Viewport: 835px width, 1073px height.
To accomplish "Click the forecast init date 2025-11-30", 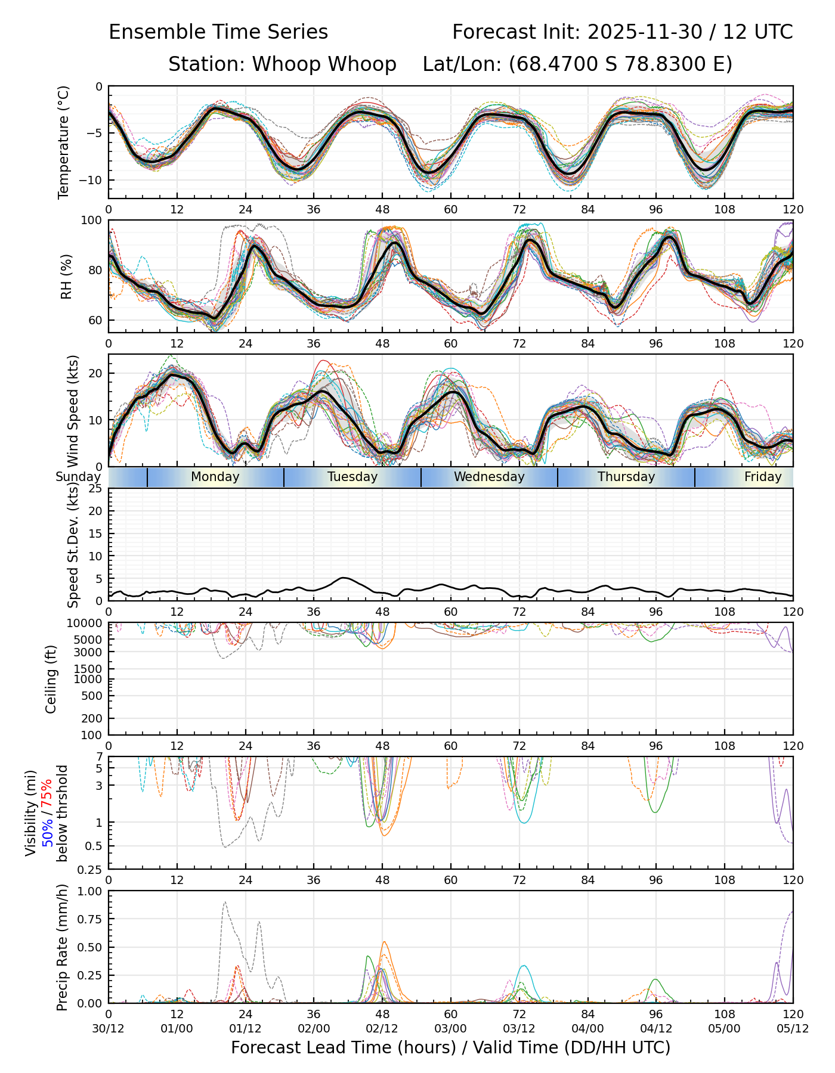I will (x=644, y=32).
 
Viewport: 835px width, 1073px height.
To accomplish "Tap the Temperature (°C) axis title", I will (x=64, y=142).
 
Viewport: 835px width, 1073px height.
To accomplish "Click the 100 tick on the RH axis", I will (x=92, y=221).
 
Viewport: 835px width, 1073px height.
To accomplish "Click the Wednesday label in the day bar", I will (x=489, y=477).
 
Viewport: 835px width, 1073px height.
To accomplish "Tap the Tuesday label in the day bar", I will (x=352, y=477).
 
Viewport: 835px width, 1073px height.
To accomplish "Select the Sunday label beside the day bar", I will (x=78, y=477).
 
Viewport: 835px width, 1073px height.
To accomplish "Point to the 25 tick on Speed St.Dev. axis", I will (x=95, y=489).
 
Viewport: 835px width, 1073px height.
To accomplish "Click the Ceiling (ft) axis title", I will (x=51, y=679).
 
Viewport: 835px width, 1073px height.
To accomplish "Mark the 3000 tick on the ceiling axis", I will (x=89, y=652).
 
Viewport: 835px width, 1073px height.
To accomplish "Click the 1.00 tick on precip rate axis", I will (x=89, y=891).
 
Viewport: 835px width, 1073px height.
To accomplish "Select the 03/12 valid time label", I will (x=519, y=1028).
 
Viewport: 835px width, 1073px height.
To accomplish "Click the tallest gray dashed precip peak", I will (x=224, y=903).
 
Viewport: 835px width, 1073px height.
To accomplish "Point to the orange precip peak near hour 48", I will (x=384, y=942).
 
